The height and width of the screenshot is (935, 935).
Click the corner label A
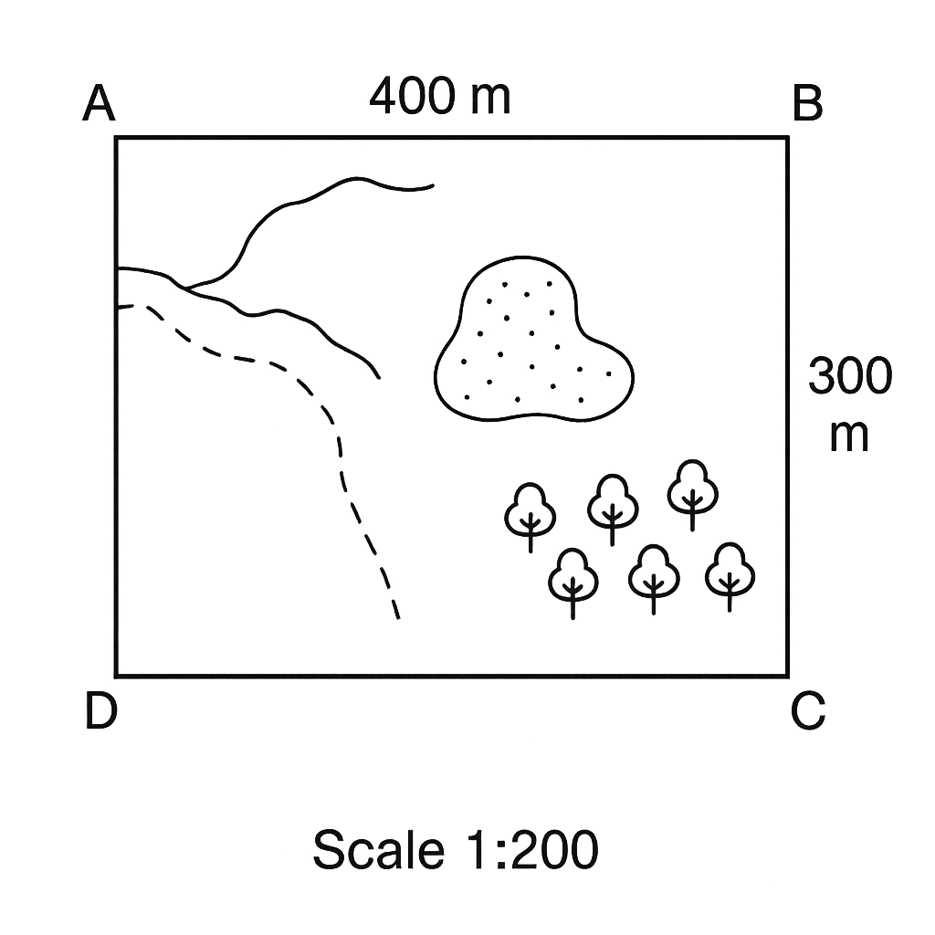pos(99,103)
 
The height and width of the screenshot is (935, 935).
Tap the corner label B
pos(807,103)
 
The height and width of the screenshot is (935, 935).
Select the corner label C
pos(808,710)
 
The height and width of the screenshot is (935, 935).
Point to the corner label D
pos(100,710)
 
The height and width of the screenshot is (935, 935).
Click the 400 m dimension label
pos(440,95)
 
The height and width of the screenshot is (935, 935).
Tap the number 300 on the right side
pos(850,375)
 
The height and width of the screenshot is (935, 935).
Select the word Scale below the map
pos(379,850)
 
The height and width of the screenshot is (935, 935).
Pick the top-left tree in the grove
pos(531,517)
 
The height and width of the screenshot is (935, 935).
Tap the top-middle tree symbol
pos(613,509)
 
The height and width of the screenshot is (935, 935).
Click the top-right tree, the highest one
pos(692,494)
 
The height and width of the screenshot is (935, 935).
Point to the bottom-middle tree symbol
pos(654,579)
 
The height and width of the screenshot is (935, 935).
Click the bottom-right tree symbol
pos(730,577)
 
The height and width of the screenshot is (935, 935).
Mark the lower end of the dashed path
pos(398,619)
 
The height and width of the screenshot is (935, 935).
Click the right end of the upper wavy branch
pos(433,185)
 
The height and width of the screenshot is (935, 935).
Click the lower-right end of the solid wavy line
pos(379,378)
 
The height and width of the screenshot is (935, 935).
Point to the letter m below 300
pos(849,437)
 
